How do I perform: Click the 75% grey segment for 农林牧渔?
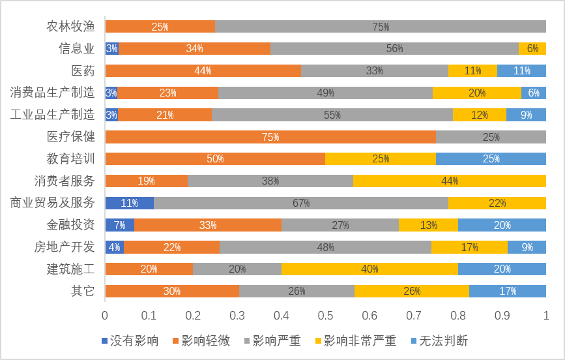pos(381,27)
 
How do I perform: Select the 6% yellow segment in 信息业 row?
pos(532,49)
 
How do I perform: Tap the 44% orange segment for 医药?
pos(203,70)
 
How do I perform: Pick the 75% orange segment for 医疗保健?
pos(270,137)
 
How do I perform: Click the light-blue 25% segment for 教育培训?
pos(491,159)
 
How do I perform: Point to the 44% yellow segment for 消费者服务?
pos(449,181)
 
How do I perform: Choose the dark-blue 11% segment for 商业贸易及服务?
pos(129,203)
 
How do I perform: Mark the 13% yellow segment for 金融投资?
pos(428,225)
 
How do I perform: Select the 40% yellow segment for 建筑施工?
pos(369,269)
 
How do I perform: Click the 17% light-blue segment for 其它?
pos(508,292)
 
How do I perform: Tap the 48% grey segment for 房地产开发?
pos(325,247)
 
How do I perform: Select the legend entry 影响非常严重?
pos(355,341)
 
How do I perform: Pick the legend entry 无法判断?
pos(439,341)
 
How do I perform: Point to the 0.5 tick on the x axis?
pos(325,316)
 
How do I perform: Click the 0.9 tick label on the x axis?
pos(502,316)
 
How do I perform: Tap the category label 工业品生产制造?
pos(52,115)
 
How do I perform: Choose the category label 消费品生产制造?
pos(52,93)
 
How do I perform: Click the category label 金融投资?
pos(70,225)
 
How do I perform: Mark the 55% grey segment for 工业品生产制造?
pos(332,115)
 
